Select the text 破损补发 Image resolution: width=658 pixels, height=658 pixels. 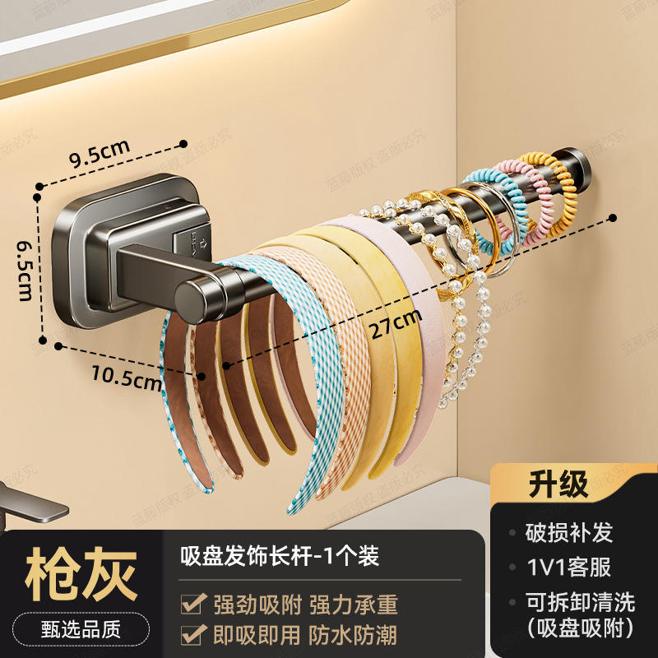pyautogui.click(x=569, y=532)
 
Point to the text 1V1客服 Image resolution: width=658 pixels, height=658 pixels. pyautogui.click(x=569, y=567)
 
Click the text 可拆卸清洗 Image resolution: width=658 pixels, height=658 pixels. pyautogui.click(x=569, y=602)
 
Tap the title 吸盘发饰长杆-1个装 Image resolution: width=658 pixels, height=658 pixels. pyautogui.click(x=280, y=556)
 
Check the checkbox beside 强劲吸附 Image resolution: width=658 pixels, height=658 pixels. pyautogui.click(x=194, y=605)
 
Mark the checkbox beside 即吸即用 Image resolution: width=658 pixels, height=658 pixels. pyautogui.click(x=194, y=634)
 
